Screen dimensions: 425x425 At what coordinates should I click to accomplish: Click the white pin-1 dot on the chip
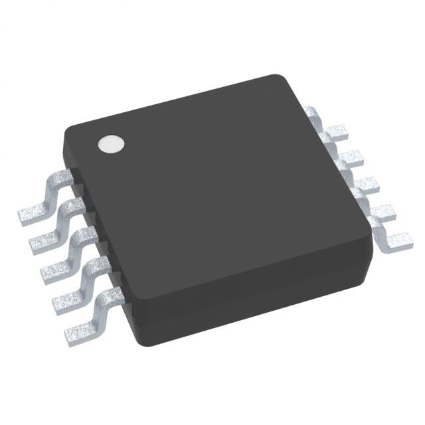click(x=112, y=144)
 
